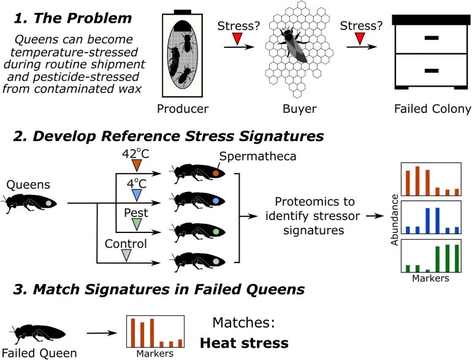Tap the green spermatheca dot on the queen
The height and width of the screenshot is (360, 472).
216,232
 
